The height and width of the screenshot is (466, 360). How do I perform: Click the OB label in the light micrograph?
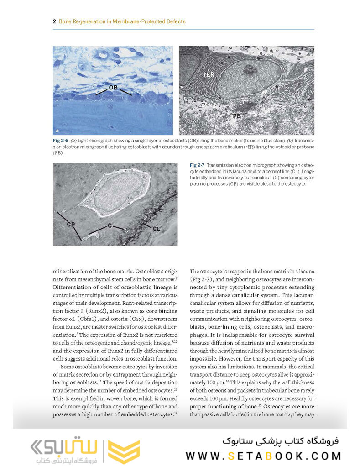pos(113,87)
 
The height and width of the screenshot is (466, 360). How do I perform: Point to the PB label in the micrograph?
pos(237,117)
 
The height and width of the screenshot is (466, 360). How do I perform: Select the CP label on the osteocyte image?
pos(71,224)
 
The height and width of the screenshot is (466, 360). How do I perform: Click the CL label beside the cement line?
pos(156,229)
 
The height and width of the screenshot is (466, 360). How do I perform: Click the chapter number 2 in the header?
pos(54,21)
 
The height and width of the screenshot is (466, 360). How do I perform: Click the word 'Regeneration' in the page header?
pos(91,21)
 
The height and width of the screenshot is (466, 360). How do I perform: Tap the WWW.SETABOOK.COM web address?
pos(263,455)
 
